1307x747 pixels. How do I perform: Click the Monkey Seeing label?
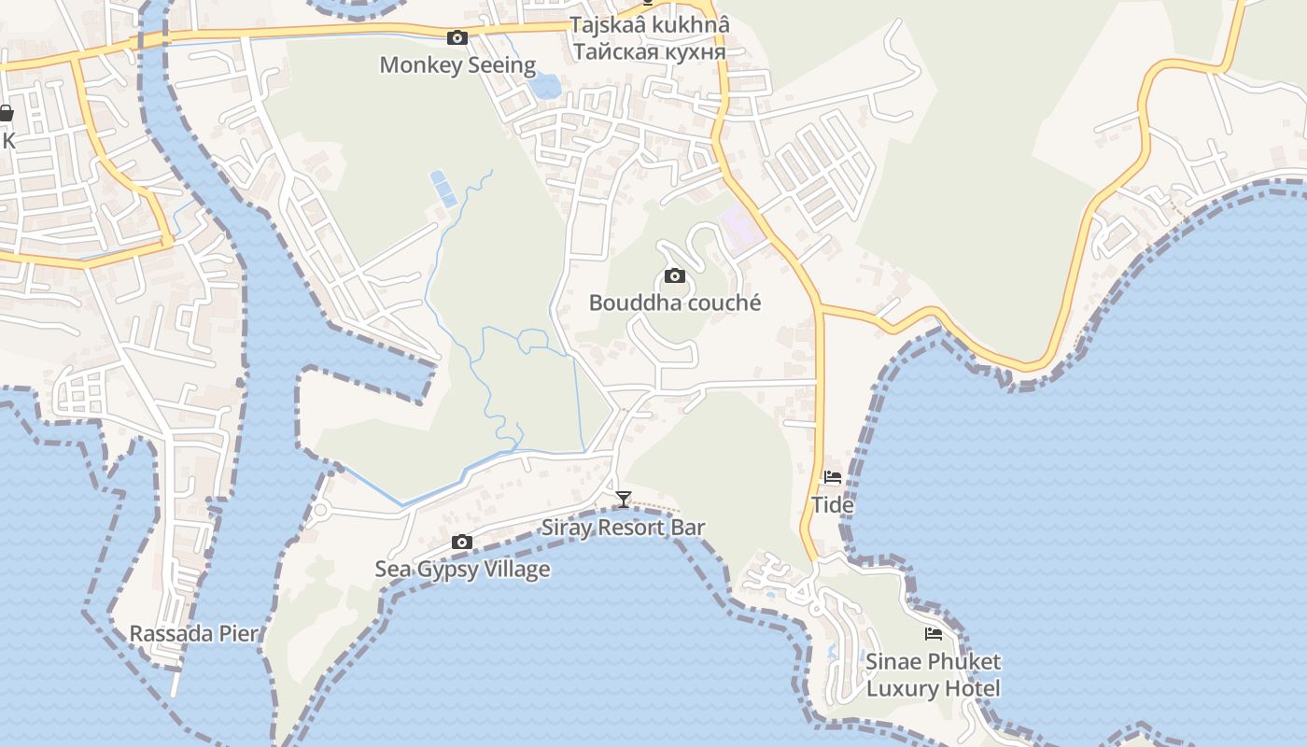pos(457,65)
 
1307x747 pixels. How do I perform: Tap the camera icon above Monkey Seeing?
pos(457,37)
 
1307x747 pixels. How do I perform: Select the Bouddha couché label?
pos(675,303)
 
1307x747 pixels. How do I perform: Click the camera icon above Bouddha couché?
pos(674,275)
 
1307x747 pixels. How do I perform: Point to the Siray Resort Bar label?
pos(624,528)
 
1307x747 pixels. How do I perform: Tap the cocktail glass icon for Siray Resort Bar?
pos(624,500)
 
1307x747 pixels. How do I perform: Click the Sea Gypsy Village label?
pos(462,570)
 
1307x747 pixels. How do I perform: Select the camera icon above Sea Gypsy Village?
pos(461,542)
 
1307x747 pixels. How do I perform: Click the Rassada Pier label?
pos(193,634)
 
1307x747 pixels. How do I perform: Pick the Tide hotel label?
pos(832,505)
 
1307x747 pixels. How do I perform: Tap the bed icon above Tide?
pos(832,477)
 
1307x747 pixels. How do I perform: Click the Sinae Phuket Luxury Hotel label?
pos(933,675)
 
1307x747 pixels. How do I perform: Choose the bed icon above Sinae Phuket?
pos(933,634)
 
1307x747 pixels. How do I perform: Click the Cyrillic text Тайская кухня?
pos(650,51)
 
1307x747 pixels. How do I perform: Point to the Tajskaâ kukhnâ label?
pos(650,25)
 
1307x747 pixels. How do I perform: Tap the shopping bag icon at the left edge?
pos(6,114)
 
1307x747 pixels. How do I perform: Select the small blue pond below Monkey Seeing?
pos(543,87)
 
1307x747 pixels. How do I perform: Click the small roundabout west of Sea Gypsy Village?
pos(321,510)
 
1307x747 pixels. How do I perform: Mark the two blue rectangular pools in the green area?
pos(443,188)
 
